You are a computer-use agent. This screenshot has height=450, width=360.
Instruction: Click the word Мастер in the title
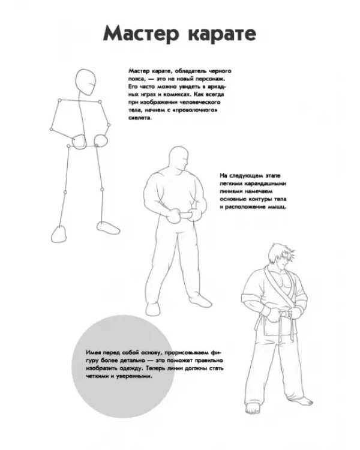coord(141,34)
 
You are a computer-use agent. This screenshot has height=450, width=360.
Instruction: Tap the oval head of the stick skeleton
coord(86,82)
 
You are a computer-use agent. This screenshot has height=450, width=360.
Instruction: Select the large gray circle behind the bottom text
coord(123,366)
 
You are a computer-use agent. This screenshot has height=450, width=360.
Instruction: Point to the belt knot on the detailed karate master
coord(286,314)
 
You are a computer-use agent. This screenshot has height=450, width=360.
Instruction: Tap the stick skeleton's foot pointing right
coord(108,227)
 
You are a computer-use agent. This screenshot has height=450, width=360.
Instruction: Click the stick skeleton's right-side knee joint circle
coord(102,190)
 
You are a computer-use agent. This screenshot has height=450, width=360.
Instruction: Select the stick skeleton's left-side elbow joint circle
coord(51,129)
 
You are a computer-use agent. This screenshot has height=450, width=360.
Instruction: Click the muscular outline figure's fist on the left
coord(173,217)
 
